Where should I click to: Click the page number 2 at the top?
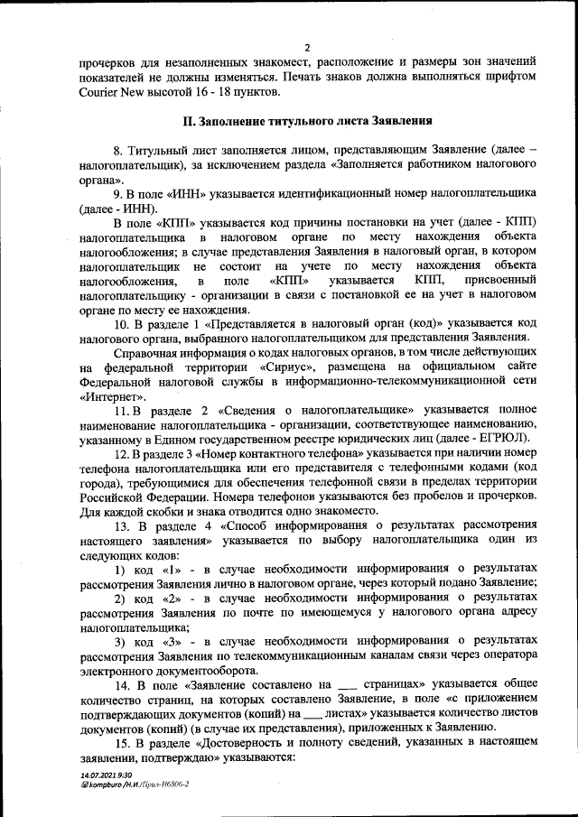[307, 47]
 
